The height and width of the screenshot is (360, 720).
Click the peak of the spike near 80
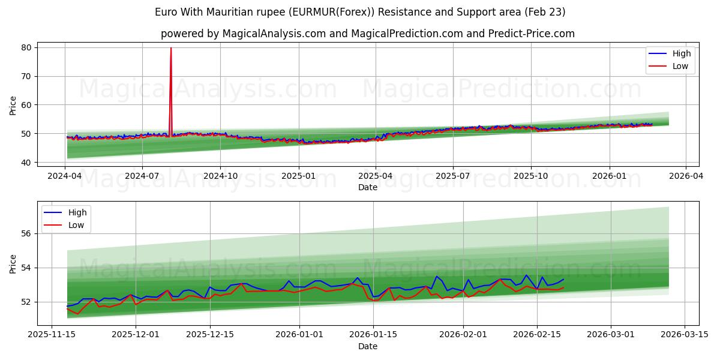point(171,48)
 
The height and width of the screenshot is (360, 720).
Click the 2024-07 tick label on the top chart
point(142,176)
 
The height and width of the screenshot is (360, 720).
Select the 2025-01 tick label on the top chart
point(298,176)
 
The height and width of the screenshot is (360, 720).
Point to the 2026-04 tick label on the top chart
point(686,176)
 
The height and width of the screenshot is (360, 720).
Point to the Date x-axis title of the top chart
point(368,187)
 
